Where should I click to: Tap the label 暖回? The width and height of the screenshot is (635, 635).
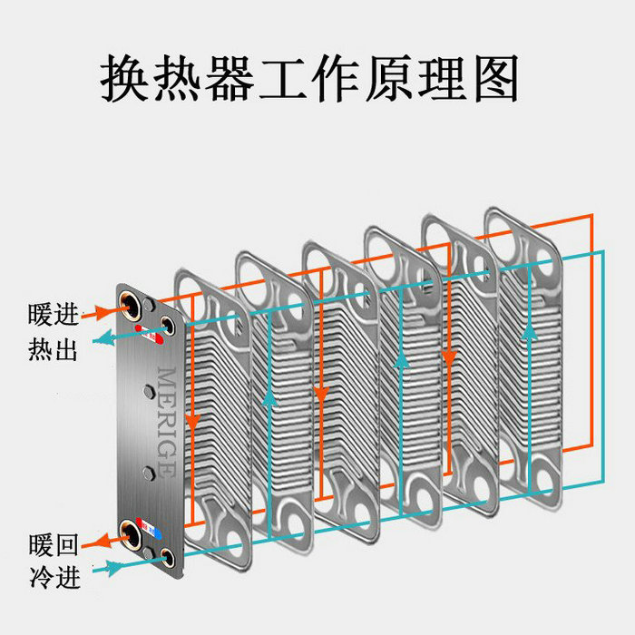[x=53, y=545]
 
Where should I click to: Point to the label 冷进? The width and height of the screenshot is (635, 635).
[x=53, y=574]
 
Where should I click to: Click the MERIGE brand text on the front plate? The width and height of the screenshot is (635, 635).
[x=167, y=421]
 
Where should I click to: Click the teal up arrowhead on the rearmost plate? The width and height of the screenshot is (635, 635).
[x=528, y=334]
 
